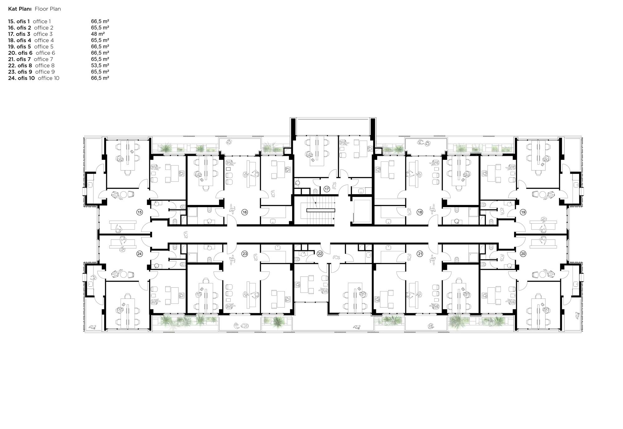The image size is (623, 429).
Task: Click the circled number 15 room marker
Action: click(140, 212)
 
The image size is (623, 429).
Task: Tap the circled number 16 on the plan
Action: click(245, 212)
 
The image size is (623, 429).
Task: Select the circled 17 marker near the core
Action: click(326, 189)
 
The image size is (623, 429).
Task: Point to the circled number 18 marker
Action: click(420, 212)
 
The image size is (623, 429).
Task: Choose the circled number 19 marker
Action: click(523, 212)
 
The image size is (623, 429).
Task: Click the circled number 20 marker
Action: click(523, 254)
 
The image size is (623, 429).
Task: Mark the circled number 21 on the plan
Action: click(420, 254)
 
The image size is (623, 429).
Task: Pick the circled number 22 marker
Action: click(320, 254)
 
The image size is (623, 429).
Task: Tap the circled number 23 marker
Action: click(245, 254)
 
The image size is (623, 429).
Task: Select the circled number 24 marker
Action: click(140, 254)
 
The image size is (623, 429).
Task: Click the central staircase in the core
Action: click(321, 210)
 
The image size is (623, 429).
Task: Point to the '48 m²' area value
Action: click(98, 34)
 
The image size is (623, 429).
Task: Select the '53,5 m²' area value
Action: click(100, 65)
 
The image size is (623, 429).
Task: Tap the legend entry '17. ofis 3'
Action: click(19, 34)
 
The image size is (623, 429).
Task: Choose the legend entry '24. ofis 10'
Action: click(21, 78)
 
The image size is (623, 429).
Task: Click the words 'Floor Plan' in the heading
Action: click(48, 9)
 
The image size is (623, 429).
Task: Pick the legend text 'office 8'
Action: click(45, 65)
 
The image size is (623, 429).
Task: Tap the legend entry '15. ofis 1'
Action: click(19, 21)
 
